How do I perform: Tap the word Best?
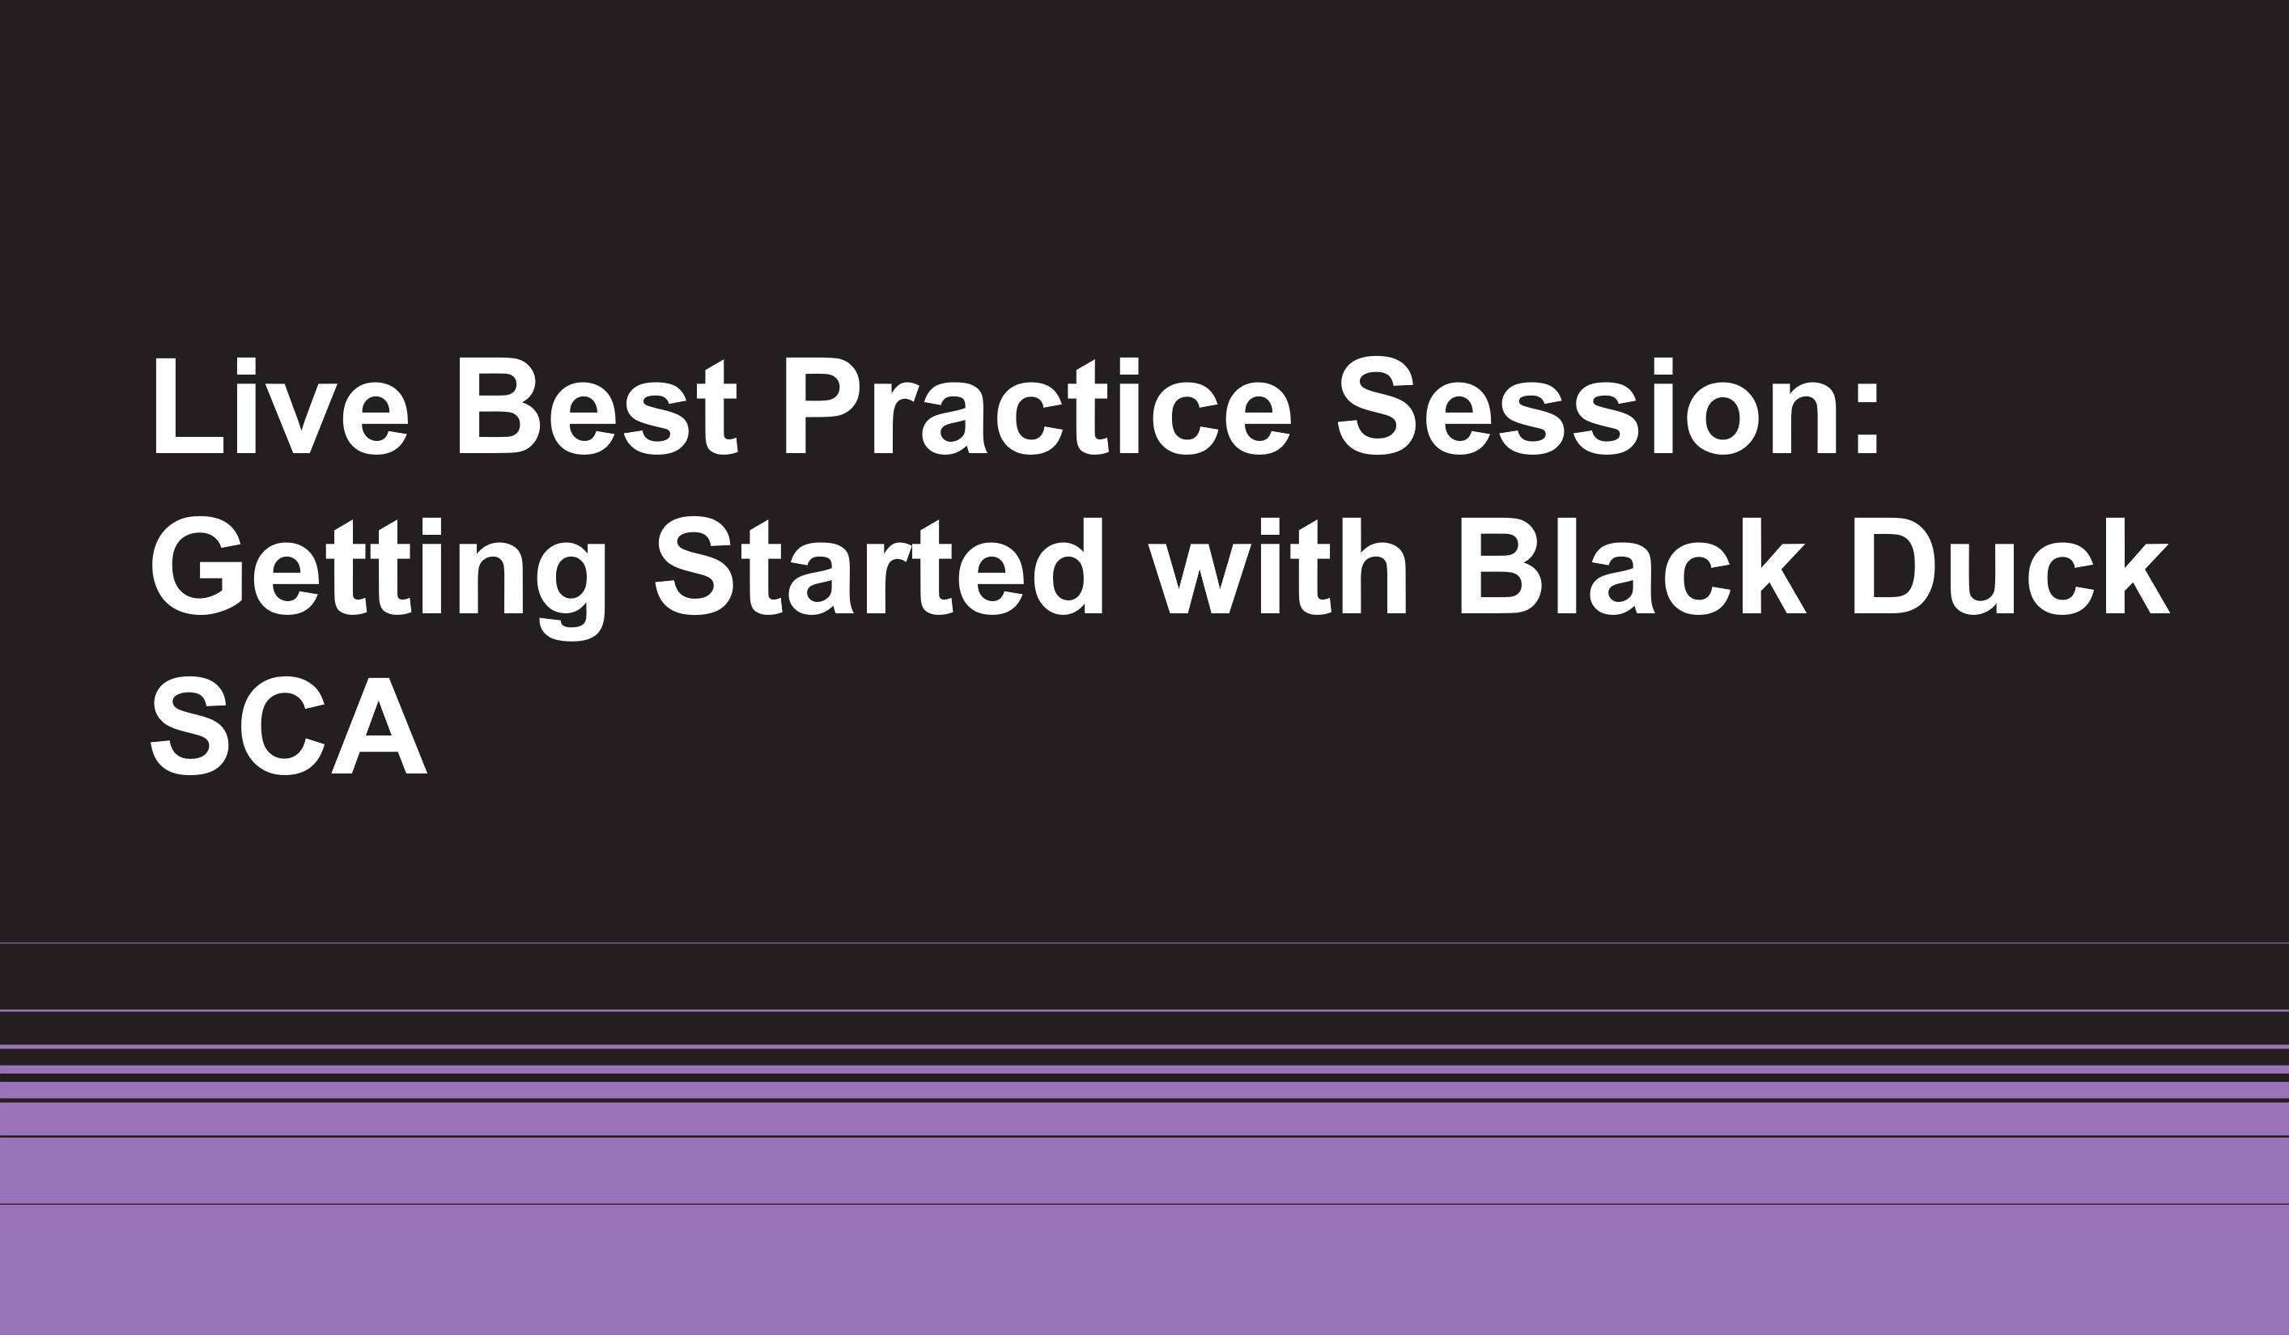(x=597, y=406)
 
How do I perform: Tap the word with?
(x=1278, y=566)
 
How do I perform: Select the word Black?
(x=1633, y=566)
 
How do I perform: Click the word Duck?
(x=2012, y=566)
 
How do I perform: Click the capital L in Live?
(x=189, y=406)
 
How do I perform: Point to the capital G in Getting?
(x=196, y=566)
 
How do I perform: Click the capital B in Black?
(x=1501, y=566)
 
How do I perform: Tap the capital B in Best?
(x=499, y=406)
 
